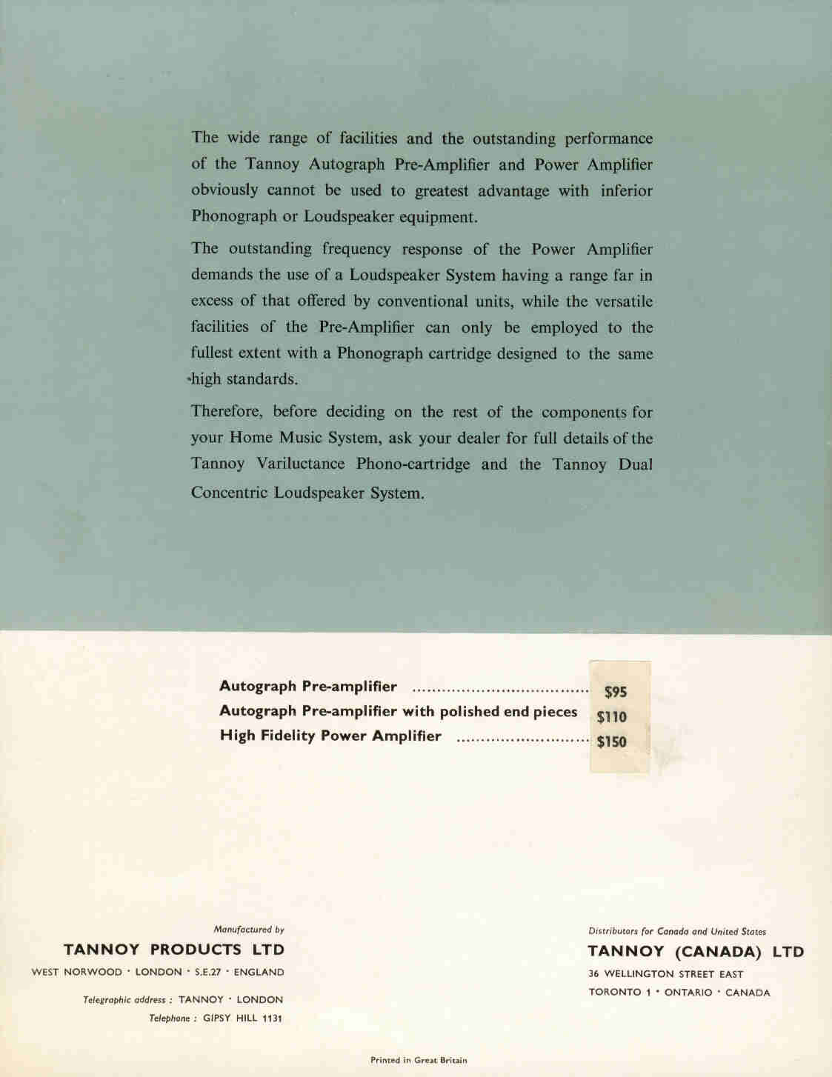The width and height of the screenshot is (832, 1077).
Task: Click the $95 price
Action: (616, 692)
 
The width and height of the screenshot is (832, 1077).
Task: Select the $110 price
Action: (612, 716)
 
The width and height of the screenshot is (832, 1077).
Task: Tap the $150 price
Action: (612, 741)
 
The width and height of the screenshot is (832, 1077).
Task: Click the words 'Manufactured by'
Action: (249, 929)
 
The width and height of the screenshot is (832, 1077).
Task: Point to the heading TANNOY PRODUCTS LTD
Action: (174, 950)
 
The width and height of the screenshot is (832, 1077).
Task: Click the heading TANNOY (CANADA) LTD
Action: (696, 952)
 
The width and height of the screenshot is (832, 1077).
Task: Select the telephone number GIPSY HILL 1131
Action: (242, 1018)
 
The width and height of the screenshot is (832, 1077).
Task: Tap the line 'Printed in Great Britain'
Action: (419, 1060)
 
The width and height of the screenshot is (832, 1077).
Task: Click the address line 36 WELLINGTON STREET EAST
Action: (666, 974)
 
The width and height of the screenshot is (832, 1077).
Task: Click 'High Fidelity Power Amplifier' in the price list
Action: (330, 736)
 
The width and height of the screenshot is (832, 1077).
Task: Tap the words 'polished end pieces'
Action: (508, 712)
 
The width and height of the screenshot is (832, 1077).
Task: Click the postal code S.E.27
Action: (208, 972)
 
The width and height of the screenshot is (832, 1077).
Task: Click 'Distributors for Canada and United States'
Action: (677, 931)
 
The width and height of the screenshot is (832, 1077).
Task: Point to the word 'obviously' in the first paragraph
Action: (224, 190)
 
